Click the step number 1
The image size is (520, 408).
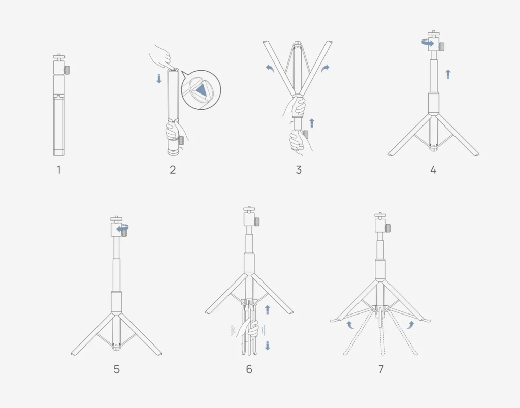[59, 170]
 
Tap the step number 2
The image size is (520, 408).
[173, 170]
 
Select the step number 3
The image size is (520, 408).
[299, 170]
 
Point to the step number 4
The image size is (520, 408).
[433, 170]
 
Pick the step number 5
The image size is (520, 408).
[117, 369]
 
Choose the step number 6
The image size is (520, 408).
[249, 369]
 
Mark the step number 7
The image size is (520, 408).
[381, 369]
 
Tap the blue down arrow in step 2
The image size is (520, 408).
[159, 79]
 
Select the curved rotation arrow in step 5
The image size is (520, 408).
[122, 228]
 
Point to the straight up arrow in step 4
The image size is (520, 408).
[448, 74]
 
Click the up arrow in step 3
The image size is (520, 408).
[311, 123]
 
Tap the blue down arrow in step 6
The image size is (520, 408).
[268, 346]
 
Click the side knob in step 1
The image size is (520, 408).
[68, 70]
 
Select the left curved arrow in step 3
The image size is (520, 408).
[270, 68]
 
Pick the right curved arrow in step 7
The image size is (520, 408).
[410, 324]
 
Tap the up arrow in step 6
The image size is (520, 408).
[268, 310]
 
